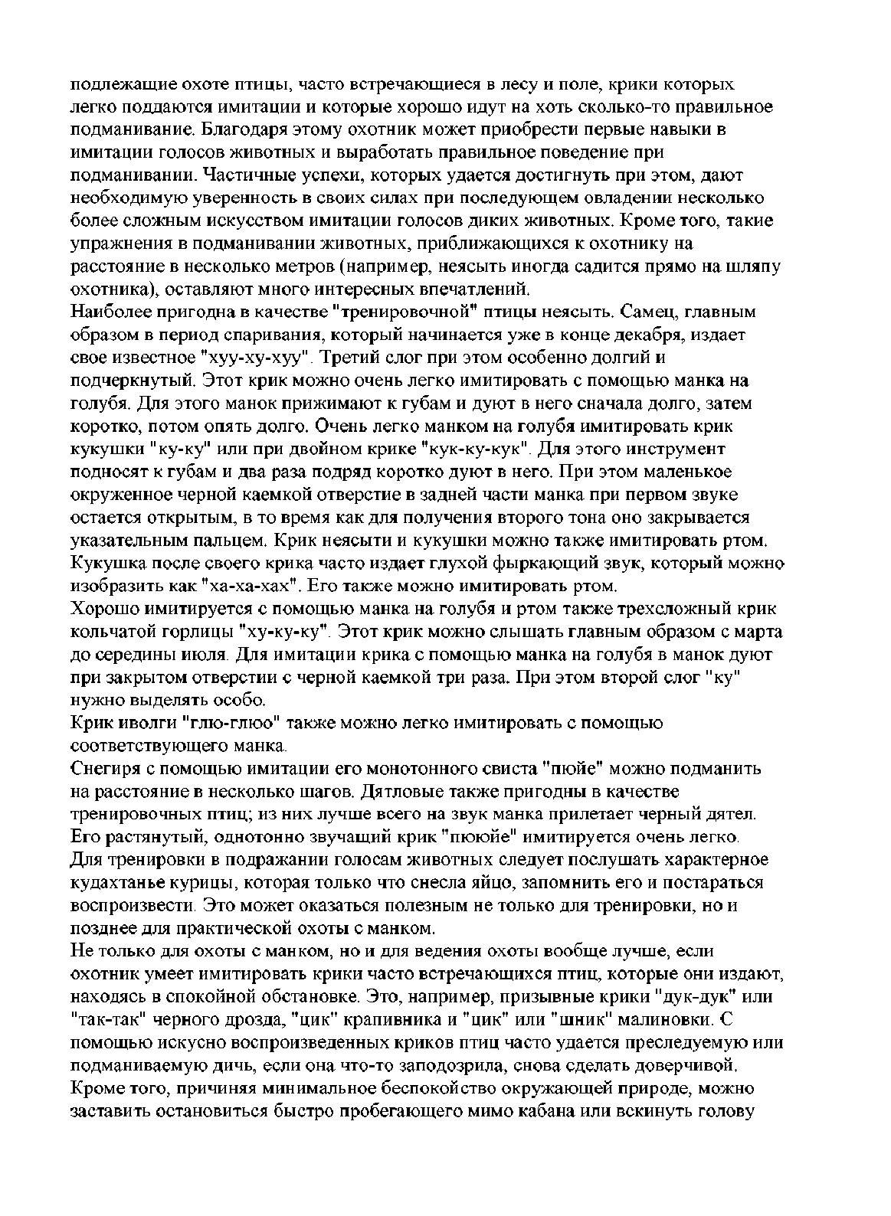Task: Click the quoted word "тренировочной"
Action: pyautogui.click(x=415, y=312)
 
